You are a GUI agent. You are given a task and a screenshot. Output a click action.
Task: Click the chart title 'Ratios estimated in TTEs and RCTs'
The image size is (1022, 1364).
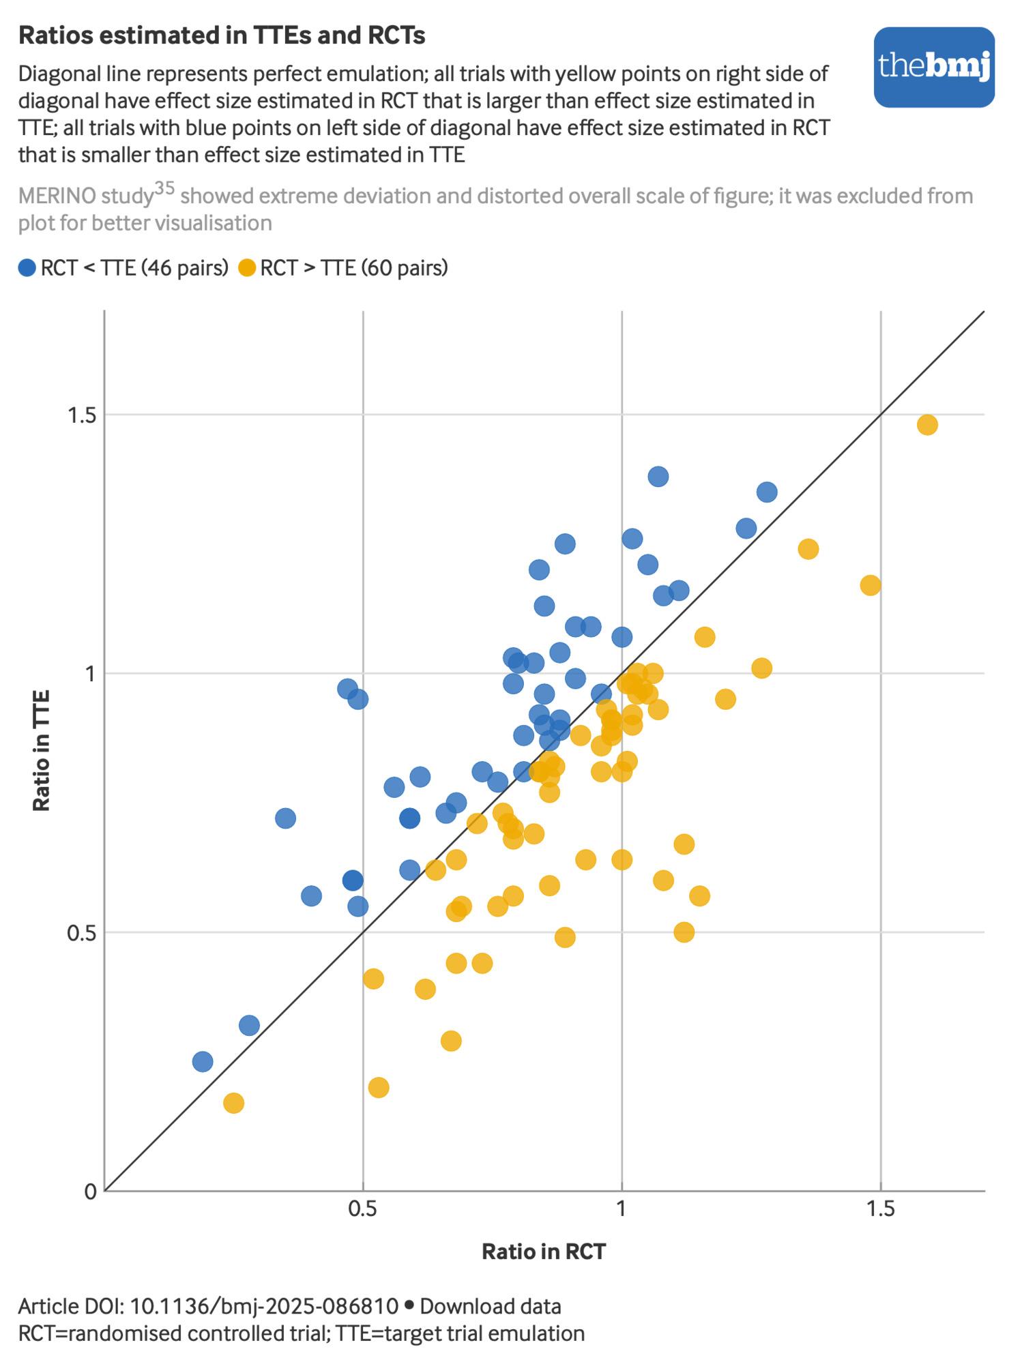coord(222,35)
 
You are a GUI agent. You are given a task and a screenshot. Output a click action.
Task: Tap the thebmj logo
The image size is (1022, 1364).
coord(934,67)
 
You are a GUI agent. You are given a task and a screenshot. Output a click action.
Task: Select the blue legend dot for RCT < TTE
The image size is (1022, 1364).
coord(27,268)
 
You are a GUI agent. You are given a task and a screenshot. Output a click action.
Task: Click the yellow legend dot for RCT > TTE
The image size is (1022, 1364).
coord(247,268)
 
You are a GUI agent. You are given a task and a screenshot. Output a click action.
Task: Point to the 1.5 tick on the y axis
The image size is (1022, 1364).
coord(80,415)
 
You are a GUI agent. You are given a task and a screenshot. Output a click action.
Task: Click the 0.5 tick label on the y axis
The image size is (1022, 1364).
coord(80,932)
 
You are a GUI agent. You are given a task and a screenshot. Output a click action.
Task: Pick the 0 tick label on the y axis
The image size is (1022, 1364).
coord(90,1191)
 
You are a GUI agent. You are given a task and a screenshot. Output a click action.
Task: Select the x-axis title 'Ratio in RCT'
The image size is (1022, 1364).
coord(544,1251)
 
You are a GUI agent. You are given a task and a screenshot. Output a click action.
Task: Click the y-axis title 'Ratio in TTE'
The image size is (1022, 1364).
coord(42,750)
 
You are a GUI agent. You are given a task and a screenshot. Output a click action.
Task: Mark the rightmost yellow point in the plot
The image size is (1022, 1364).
coord(927,425)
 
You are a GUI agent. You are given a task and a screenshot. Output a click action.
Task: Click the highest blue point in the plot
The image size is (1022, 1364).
coord(658,477)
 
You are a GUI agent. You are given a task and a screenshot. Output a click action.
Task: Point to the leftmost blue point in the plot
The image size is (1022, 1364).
coord(203,1062)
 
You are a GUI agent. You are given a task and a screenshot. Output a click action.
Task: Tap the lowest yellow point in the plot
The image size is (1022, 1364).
coord(233,1103)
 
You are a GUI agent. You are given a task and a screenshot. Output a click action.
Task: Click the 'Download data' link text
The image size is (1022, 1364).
coord(490,1307)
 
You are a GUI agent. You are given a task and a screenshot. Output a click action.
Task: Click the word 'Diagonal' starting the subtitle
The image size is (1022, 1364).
coord(57,74)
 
